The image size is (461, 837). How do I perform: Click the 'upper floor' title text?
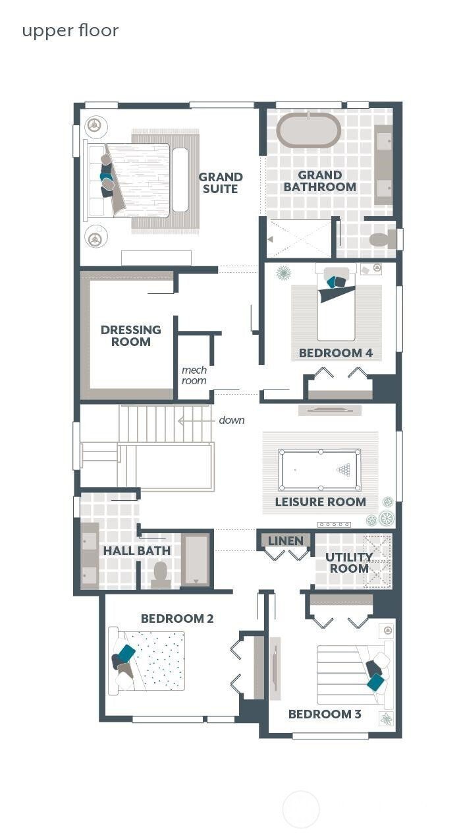[x=70, y=31]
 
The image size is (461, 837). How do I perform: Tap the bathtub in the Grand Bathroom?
[x=308, y=130]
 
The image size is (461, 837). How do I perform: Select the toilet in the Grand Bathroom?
[x=383, y=239]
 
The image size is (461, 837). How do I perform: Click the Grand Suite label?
[x=220, y=183]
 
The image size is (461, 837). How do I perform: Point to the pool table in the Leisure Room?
[x=319, y=470]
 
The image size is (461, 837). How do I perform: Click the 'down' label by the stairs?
[x=231, y=420]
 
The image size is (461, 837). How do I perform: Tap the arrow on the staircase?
[x=194, y=420]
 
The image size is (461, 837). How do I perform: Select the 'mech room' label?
[x=194, y=375]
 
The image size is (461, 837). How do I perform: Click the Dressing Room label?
[x=130, y=335]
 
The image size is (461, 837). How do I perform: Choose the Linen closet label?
[x=286, y=540]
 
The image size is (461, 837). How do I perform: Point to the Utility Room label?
[x=349, y=563]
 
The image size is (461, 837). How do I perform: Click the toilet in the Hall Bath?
[x=161, y=576]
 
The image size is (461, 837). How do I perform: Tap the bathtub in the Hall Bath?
[x=196, y=560]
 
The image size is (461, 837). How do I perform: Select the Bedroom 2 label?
[x=177, y=619]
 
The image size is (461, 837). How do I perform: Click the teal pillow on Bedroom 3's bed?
[x=375, y=681]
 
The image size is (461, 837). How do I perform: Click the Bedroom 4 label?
[x=336, y=353]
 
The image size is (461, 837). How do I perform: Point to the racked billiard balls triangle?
[x=344, y=470]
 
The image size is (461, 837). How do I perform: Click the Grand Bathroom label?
[x=320, y=181]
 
